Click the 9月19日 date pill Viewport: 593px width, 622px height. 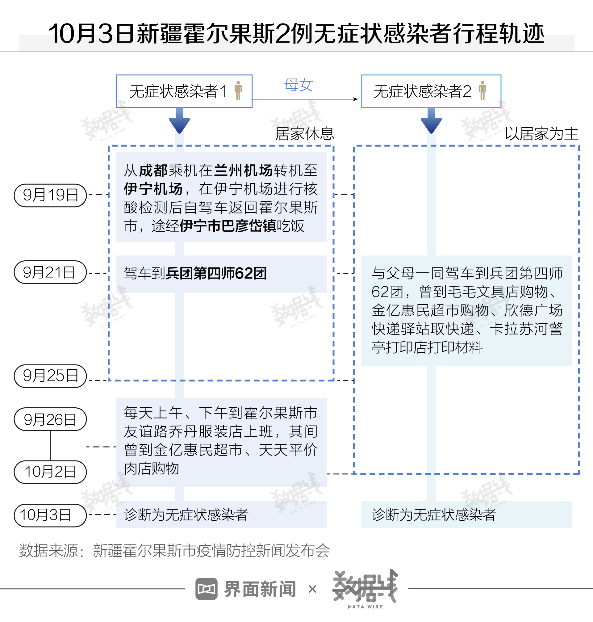[x=50, y=195]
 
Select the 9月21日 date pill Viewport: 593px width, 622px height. [x=50, y=272]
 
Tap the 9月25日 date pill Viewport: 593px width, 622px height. [x=50, y=376]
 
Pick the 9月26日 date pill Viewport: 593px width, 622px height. [x=50, y=419]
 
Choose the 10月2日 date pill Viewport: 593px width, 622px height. [x=50, y=472]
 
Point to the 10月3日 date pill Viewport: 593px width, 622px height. [x=50, y=515]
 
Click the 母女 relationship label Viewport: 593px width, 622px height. [x=299, y=85]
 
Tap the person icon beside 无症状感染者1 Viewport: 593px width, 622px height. [x=238, y=90]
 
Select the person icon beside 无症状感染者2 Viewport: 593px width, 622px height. [x=482, y=90]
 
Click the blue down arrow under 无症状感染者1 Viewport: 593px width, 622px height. [x=179, y=122]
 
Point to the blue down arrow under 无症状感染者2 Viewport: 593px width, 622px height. [x=431, y=122]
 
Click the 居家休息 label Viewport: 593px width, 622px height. [x=305, y=134]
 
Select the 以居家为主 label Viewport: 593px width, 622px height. [x=541, y=134]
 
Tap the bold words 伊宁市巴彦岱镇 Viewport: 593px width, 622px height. [x=228, y=226]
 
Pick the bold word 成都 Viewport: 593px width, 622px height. [x=153, y=170]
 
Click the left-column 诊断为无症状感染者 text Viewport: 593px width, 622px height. [x=186, y=515]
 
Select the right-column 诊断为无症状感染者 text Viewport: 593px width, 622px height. [x=434, y=515]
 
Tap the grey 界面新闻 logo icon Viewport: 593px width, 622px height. [x=206, y=588]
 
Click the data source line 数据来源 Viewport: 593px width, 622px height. [x=174, y=551]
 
